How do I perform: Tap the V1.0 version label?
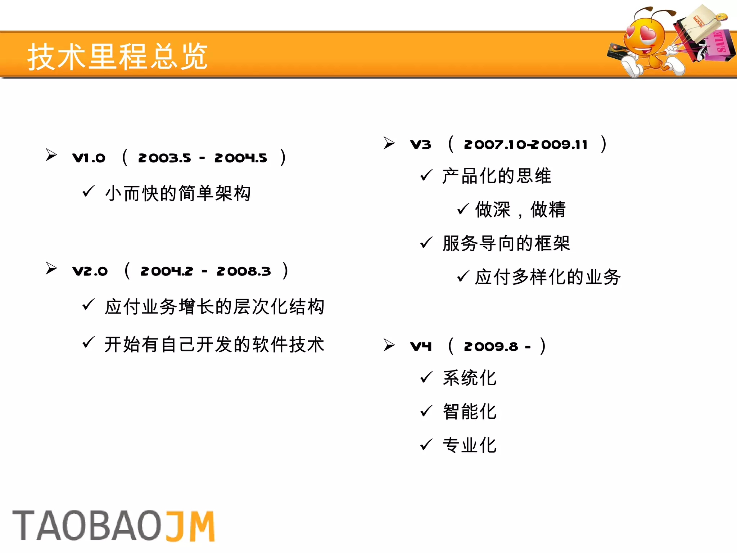(x=89, y=158)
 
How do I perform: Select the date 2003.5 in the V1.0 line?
(x=164, y=158)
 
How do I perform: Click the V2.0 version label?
(x=90, y=271)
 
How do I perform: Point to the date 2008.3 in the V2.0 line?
(x=244, y=271)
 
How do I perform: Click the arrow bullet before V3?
(x=389, y=143)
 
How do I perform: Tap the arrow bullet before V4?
(x=389, y=345)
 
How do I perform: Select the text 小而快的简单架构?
(x=178, y=193)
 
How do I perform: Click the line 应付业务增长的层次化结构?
(x=214, y=307)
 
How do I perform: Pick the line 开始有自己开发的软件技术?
(x=214, y=345)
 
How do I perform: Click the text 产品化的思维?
(x=497, y=176)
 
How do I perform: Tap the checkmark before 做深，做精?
(x=463, y=209)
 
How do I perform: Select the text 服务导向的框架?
(x=506, y=243)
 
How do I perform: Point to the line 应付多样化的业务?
(x=547, y=277)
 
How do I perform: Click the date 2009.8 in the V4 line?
(x=491, y=347)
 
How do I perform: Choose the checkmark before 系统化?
(x=426, y=377)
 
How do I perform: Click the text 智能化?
(x=470, y=412)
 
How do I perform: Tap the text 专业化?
(x=470, y=445)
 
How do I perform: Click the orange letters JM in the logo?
(x=190, y=526)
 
